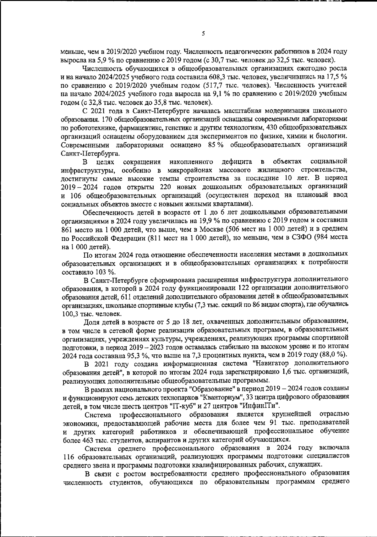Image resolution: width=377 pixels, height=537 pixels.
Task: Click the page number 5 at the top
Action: pos(204,34)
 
